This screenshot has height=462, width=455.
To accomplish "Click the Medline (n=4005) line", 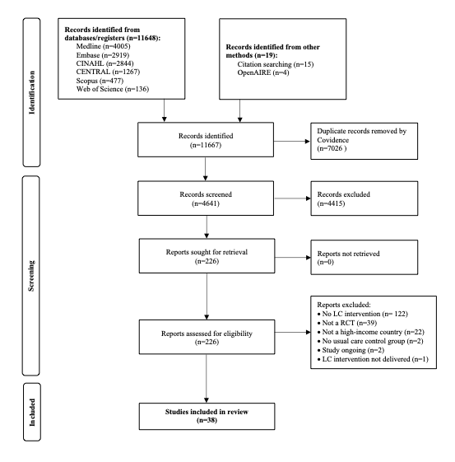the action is click(103, 46).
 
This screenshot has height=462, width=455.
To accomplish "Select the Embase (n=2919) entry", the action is click(102, 55).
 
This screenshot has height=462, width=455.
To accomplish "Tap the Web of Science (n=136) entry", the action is click(113, 89).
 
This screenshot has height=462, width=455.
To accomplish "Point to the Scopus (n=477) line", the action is click(100, 81).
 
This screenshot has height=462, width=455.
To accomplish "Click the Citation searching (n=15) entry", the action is click(276, 64).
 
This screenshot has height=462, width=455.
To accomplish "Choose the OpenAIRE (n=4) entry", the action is click(263, 72).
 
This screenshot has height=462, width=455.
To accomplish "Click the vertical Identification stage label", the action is click(32, 92).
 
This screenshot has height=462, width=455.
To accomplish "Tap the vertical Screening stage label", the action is click(31, 276).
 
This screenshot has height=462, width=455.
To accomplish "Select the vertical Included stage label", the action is click(32, 413).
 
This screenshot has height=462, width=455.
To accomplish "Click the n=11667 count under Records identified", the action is click(206, 145).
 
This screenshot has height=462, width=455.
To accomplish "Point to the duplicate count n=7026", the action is click(332, 148).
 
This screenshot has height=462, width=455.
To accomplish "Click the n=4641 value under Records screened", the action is click(206, 203).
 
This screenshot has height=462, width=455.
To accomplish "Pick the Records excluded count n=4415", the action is click(331, 203).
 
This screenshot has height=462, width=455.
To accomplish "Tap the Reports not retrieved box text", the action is click(348, 258).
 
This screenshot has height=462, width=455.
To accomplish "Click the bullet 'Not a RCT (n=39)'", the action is click(347, 323).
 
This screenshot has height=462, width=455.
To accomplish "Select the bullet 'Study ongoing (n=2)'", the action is click(351, 350).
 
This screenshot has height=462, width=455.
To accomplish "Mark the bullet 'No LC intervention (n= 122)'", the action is click(363, 314).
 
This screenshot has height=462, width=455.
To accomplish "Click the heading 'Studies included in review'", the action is click(207, 412).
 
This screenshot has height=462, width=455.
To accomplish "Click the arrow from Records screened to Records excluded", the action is click(293, 198).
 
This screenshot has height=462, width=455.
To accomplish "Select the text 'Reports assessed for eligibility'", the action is click(207, 334).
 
